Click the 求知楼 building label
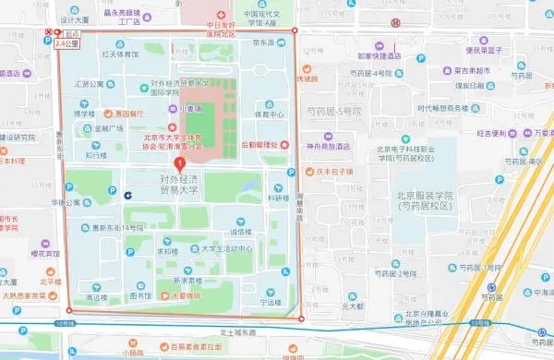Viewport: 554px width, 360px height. click(x=166, y=250)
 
